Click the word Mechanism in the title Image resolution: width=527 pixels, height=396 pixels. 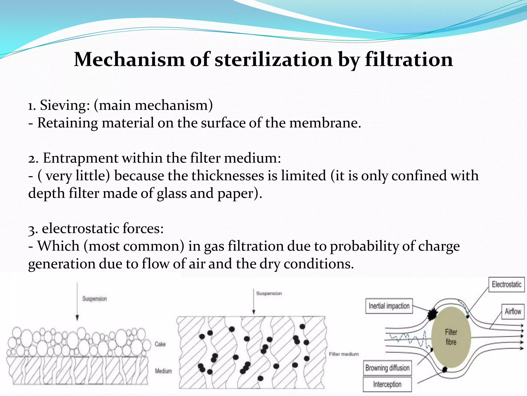click(x=129, y=60)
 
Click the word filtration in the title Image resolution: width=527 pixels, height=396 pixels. click(x=409, y=60)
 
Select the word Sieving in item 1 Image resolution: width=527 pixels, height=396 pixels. click(x=65, y=105)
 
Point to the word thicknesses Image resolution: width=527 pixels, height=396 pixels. click(x=227, y=176)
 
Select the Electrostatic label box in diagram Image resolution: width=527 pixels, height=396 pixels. click(x=506, y=285)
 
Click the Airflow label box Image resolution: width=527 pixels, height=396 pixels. click(x=513, y=311)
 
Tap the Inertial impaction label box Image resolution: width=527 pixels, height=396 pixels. click(x=389, y=306)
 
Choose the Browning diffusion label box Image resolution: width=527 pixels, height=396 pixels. click(x=387, y=368)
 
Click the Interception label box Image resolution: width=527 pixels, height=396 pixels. click(x=387, y=384)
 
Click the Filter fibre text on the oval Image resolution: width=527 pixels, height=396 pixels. click(x=451, y=337)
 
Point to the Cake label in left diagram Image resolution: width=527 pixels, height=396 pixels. click(x=160, y=344)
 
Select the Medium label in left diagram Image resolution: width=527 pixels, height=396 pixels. click(x=163, y=371)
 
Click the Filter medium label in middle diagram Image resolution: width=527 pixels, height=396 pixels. click(x=344, y=354)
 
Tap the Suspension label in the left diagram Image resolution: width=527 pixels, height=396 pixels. click(x=94, y=299)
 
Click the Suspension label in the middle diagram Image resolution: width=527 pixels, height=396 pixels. click(x=269, y=293)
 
